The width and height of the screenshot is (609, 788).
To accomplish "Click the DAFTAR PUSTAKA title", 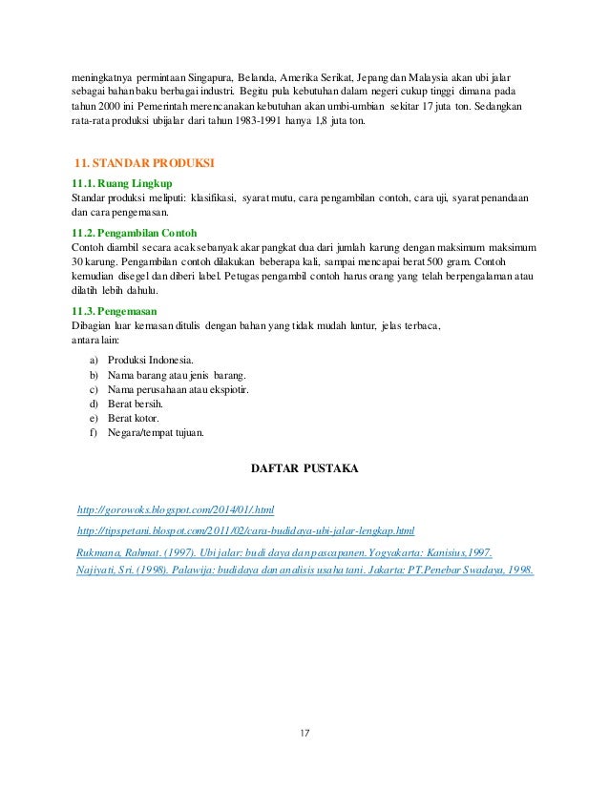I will click(304, 469).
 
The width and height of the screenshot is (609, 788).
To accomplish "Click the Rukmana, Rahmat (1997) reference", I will click(283, 552).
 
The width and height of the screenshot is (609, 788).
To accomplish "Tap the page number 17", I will click(305, 733).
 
